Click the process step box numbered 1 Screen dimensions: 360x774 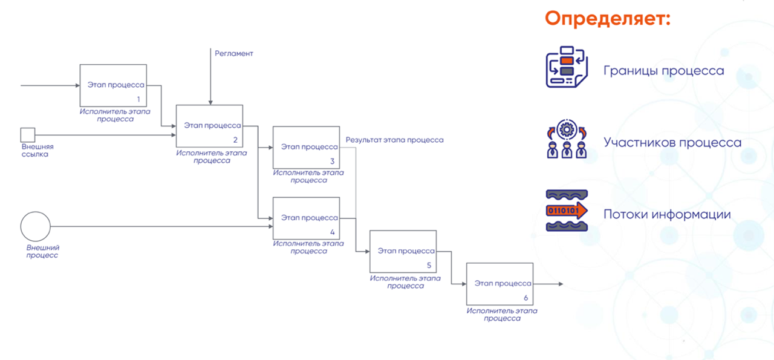(113, 85)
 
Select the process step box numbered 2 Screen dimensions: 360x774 (209, 126)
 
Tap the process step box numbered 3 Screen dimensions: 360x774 (306, 147)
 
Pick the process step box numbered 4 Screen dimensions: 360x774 (306, 218)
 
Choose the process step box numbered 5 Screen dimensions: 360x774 (403, 251)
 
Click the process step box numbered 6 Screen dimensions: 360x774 (499, 284)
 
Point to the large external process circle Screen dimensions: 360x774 (35, 226)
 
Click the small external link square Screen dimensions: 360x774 (27, 134)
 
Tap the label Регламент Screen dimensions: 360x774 (234, 53)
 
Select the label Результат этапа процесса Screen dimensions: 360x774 (394, 140)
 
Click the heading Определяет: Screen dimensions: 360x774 (608, 18)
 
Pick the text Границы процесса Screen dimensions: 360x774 (663, 71)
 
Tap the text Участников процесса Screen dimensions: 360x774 (672, 143)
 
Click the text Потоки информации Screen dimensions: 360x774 (667, 214)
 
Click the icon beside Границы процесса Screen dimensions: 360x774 (567, 67)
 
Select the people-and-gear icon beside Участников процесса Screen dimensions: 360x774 (567, 139)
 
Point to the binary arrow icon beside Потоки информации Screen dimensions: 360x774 (567, 211)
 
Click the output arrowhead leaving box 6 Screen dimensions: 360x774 (560, 284)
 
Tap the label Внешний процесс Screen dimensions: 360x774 (42, 251)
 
